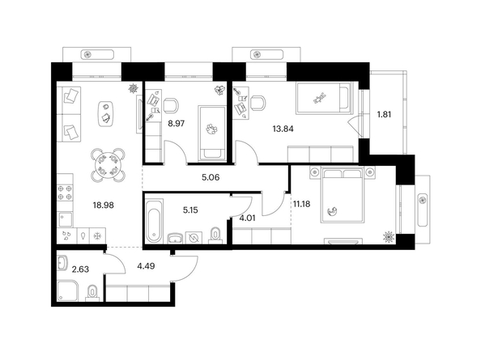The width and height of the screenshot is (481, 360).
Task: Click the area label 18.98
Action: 104,205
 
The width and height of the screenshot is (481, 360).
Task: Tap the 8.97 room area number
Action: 176,124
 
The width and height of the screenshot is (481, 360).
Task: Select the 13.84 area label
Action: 283,129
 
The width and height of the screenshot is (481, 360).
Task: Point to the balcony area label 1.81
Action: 384,115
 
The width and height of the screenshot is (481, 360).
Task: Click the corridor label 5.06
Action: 211,177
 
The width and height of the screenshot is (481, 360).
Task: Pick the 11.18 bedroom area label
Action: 301,204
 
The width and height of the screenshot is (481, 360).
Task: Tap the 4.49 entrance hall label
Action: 146,266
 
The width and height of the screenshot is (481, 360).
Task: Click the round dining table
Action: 108,165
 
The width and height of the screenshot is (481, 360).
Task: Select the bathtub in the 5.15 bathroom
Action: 155,220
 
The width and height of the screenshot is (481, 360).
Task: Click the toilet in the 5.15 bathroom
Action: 216,235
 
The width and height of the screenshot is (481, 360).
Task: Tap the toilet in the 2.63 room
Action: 92,292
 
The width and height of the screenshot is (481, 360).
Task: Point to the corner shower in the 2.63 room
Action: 68,290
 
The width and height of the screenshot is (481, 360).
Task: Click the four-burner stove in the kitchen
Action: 65,193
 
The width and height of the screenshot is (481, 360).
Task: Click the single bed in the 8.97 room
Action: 213,133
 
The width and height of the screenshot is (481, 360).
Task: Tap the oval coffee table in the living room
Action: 106,114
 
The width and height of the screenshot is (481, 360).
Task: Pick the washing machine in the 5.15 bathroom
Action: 194,238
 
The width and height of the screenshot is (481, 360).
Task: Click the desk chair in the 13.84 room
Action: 258,103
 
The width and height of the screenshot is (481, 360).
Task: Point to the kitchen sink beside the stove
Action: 66,220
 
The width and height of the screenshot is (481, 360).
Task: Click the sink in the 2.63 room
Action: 62,263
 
